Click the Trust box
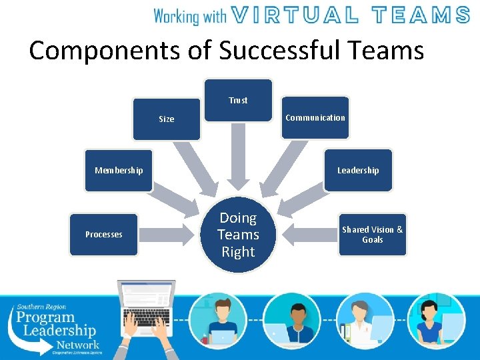pos(238,100)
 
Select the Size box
pos(166,119)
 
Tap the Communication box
pos(315,118)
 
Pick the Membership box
pos(119,171)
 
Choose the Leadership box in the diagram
pos(358,171)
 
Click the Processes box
pos(104,235)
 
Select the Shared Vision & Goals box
pos(372,235)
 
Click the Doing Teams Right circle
pos(238,235)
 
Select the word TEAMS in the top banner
pos(421,15)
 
